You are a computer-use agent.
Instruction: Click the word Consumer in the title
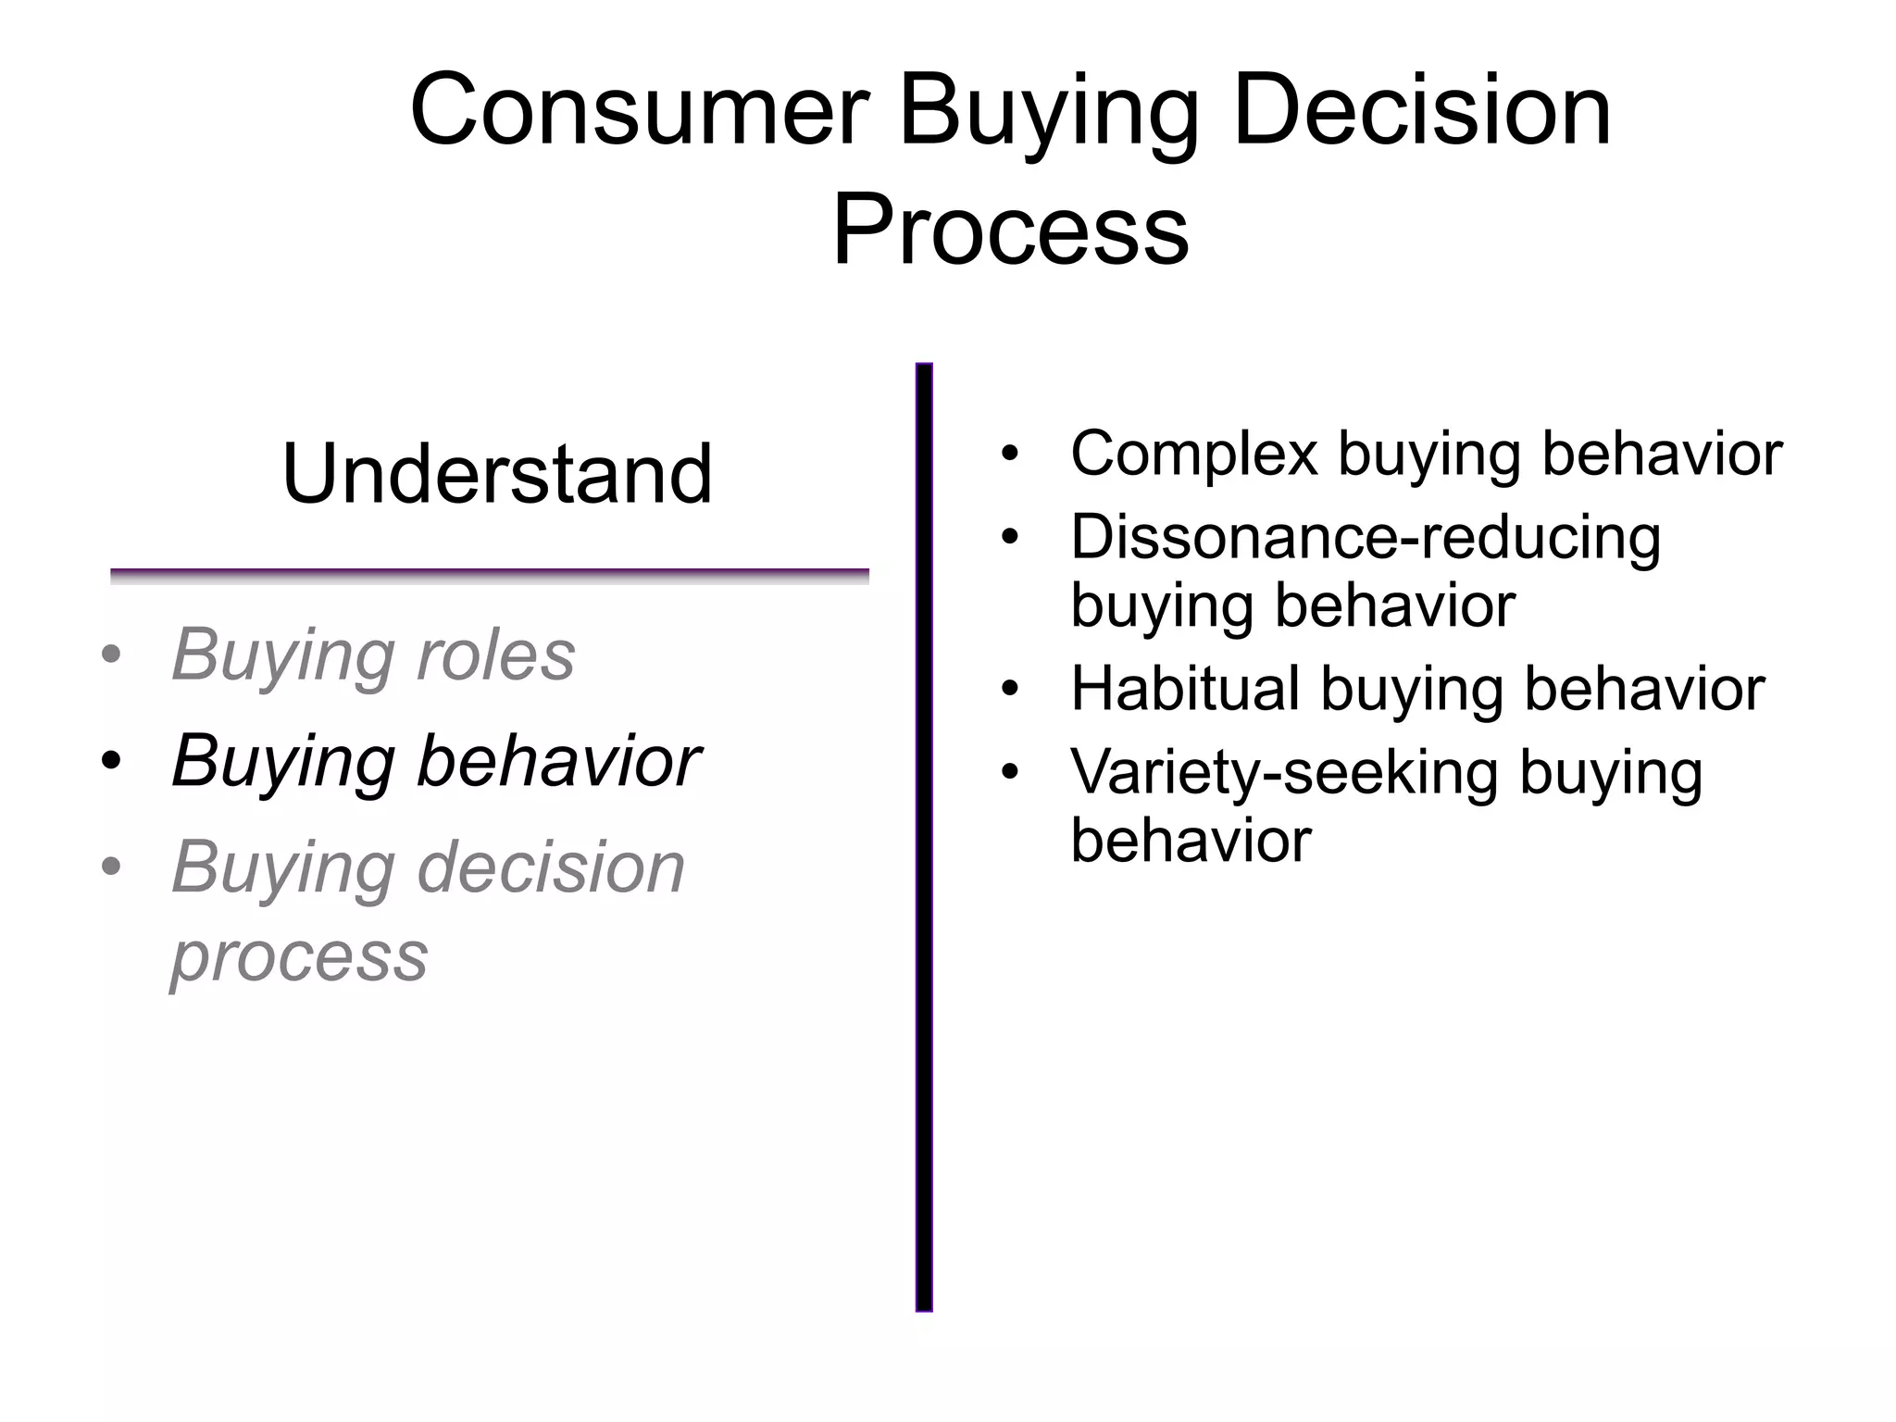tap(640, 112)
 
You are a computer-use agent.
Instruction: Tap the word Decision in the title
tap(1423, 112)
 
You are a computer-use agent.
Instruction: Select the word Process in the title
tap(1010, 230)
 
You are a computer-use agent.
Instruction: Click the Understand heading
tap(497, 474)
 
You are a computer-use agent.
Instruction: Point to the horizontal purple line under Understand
tap(489, 575)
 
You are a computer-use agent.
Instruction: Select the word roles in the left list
tap(495, 655)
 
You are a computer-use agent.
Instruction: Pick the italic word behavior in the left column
tap(558, 761)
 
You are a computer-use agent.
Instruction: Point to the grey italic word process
tap(300, 955)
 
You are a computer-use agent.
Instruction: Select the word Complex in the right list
tap(1193, 454)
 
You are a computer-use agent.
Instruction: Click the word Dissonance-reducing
tap(1366, 537)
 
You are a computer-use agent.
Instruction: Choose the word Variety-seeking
tap(1283, 772)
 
